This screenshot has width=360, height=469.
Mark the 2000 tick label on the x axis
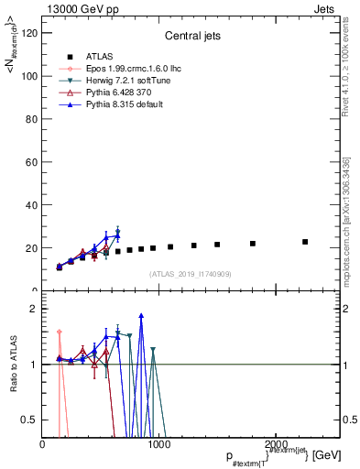(x=274, y=444)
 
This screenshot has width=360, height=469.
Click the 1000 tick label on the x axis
(x=158, y=444)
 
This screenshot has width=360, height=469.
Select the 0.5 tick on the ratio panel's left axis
(x=30, y=420)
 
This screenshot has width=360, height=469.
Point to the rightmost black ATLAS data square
(x=305, y=242)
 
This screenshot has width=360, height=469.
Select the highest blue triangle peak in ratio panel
(x=141, y=316)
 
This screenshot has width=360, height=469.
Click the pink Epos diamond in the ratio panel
(x=60, y=333)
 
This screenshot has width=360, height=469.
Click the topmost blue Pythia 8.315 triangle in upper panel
(x=117, y=234)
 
